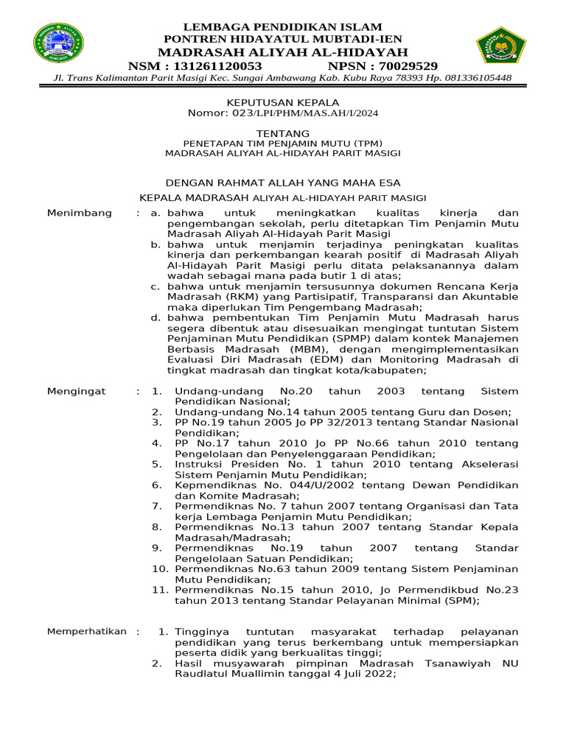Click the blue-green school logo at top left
coord(59,43)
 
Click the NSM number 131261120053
coord(216,66)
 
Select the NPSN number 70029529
coord(406,66)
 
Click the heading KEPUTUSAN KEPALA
coord(282,102)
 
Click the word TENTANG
coord(282,133)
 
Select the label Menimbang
coord(80,213)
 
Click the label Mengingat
coord(77,391)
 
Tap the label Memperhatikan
coord(87,632)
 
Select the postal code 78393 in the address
coord(408,78)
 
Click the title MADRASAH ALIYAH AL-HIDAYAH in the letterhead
coord(282,52)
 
